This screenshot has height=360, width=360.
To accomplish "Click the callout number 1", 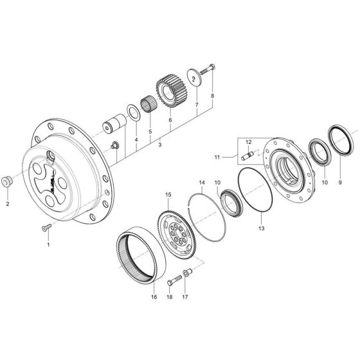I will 48,245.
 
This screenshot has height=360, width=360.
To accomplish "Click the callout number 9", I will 341,182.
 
